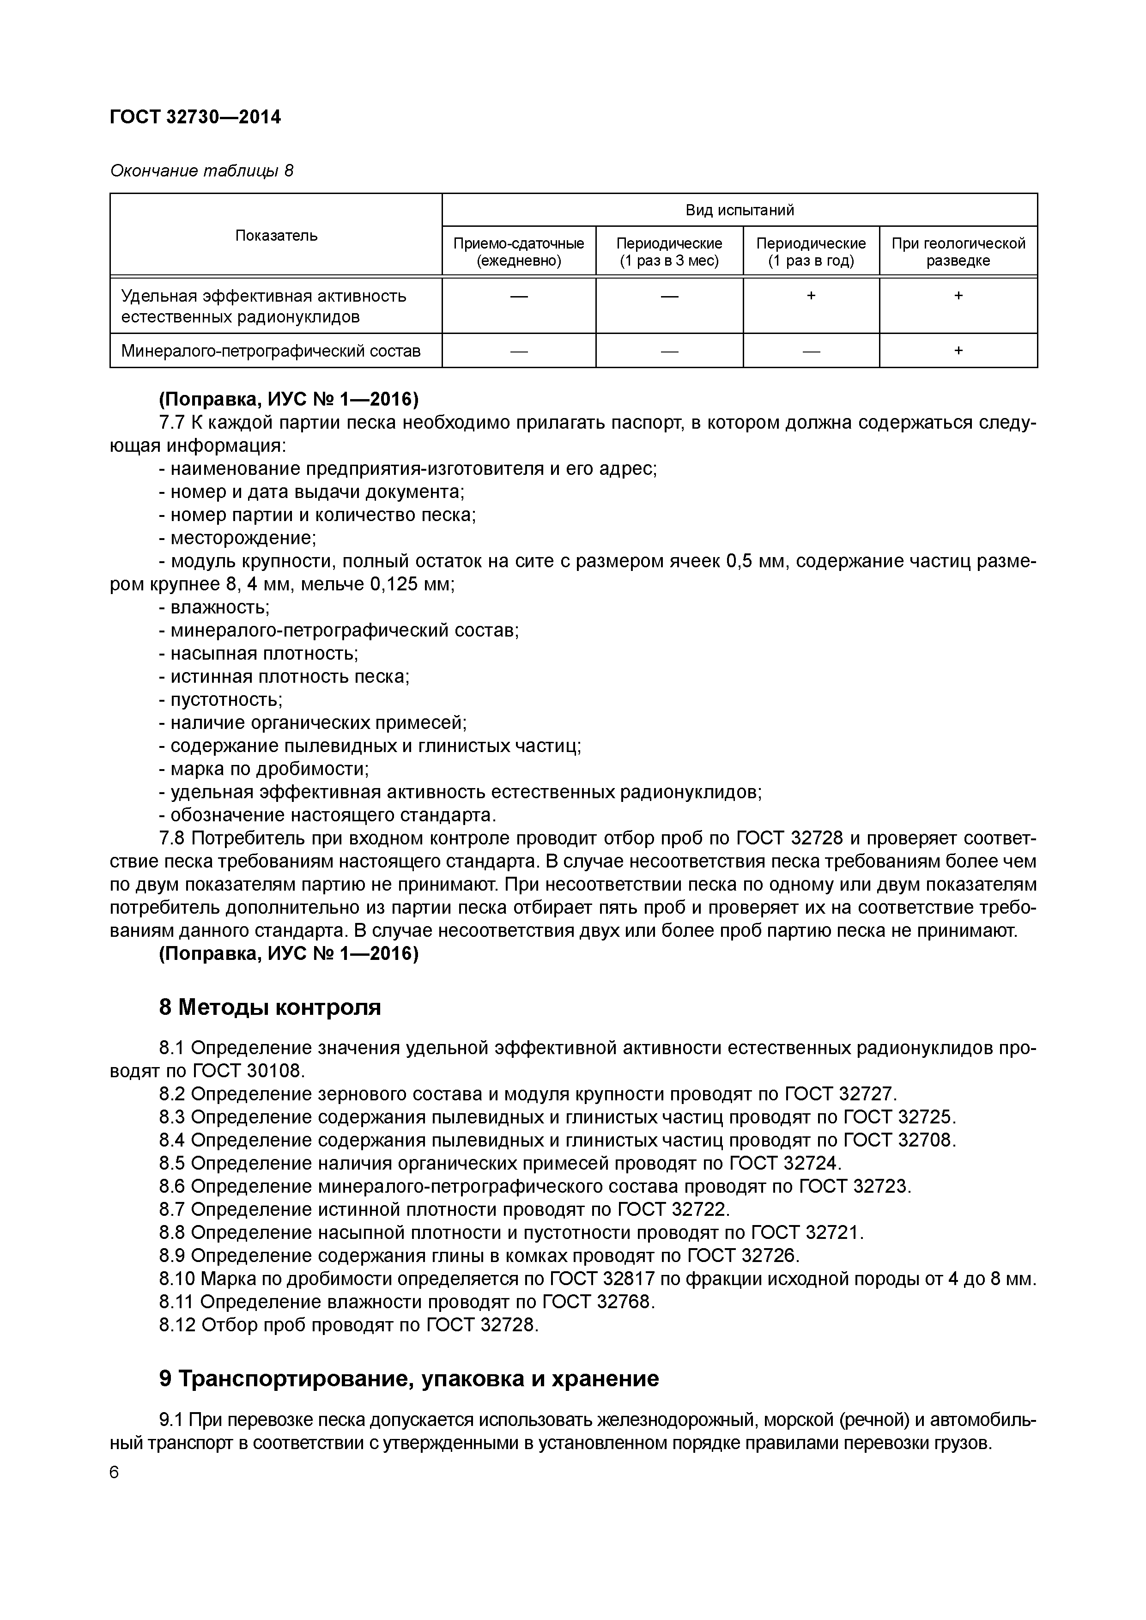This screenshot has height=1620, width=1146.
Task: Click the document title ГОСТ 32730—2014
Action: click(x=195, y=117)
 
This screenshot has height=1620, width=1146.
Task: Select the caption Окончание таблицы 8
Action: click(x=201, y=171)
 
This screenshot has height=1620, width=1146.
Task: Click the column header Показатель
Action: click(x=276, y=235)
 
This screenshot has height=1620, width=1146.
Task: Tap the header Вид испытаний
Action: click(x=740, y=210)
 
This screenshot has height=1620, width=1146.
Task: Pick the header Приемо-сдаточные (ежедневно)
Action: click(x=519, y=252)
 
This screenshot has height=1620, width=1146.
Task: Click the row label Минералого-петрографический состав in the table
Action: click(x=271, y=351)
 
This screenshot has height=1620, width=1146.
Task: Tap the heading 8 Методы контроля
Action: click(x=270, y=1007)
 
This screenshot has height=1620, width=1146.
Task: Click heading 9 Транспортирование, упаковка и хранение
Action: click(x=409, y=1378)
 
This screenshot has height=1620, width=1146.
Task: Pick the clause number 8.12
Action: click(x=176, y=1325)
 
